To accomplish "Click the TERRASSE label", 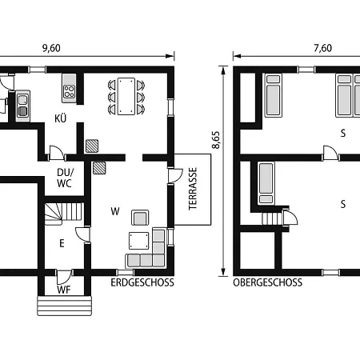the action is [x=193, y=189].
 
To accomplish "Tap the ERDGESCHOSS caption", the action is [x=142, y=282].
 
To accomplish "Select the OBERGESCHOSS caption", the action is [x=268, y=282].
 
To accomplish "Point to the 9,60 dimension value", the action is [x=51, y=48].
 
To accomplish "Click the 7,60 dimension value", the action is [x=323, y=48].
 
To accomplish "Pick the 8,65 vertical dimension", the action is [x=216, y=140].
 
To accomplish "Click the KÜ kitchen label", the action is [x=61, y=118].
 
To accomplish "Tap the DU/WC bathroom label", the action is [x=64, y=178].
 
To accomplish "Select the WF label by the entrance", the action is [x=64, y=290].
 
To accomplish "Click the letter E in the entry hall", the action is [x=62, y=243].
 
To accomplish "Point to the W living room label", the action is [x=115, y=211].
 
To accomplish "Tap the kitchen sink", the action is [x=22, y=106].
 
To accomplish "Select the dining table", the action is [x=126, y=96].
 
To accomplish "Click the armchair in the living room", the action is [x=140, y=218].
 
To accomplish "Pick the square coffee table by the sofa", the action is [x=138, y=241].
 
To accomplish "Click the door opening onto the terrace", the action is [x=174, y=176].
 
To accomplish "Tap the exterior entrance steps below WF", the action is [x=64, y=306].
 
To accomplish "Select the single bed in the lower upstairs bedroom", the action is [x=266, y=183].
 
